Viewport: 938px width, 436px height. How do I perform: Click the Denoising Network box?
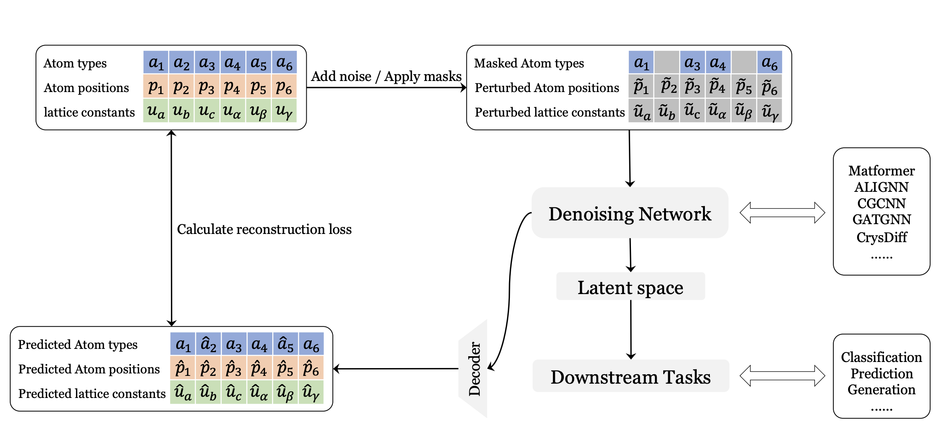click(630, 213)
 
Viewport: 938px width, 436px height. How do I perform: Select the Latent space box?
click(630, 287)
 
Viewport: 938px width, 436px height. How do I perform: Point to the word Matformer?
click(881, 171)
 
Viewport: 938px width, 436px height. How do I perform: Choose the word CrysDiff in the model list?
click(882, 237)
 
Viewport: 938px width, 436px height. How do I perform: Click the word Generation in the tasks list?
click(881, 390)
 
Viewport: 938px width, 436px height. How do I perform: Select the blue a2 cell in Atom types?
click(182, 63)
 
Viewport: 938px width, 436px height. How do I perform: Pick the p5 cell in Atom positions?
click(258, 87)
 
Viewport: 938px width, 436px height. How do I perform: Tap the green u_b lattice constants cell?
click(182, 111)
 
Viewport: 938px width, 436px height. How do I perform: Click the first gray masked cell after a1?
click(666, 63)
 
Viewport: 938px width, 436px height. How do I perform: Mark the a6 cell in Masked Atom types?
click(769, 63)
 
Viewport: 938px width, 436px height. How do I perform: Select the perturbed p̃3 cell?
click(692, 86)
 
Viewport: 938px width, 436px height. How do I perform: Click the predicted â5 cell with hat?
click(285, 344)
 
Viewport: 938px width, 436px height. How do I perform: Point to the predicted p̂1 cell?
click(183, 368)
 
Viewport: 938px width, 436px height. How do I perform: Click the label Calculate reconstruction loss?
click(264, 229)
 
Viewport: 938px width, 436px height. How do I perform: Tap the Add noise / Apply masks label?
click(386, 76)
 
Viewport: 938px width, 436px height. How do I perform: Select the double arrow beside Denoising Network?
click(782, 213)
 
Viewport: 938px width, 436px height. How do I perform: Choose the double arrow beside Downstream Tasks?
click(782, 375)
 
